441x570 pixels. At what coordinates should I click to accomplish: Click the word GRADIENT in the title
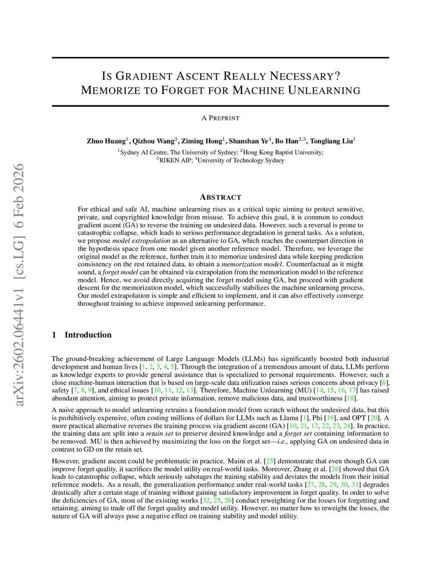(x=145, y=77)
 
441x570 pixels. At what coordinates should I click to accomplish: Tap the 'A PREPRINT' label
(x=220, y=118)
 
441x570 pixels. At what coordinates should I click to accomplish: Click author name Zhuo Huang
(x=106, y=141)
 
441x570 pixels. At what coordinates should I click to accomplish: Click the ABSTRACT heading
(x=220, y=197)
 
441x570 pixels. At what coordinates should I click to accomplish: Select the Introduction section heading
(x=88, y=335)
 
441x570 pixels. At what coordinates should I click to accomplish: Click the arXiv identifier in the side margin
(x=19, y=284)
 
